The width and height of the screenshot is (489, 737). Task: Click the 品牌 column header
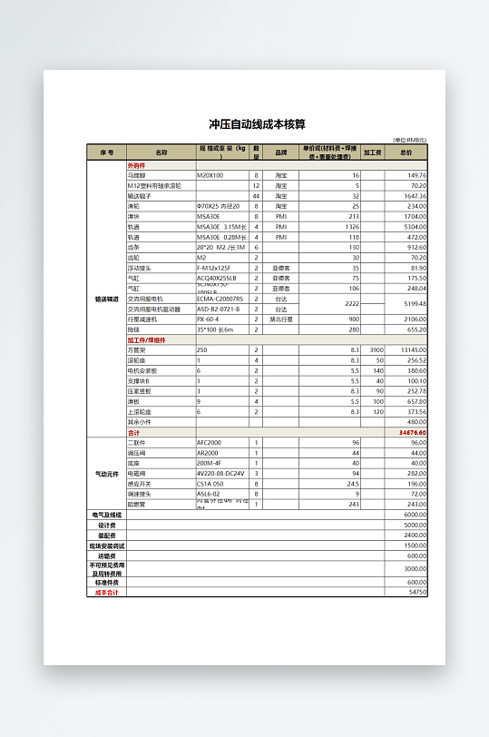(x=281, y=152)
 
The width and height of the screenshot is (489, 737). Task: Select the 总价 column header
(x=406, y=152)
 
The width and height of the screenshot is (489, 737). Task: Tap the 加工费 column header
(x=373, y=152)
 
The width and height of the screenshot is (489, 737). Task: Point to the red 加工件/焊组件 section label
(x=146, y=340)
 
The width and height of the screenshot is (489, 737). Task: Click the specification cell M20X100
(x=210, y=175)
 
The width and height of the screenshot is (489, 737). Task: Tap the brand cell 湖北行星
(x=281, y=319)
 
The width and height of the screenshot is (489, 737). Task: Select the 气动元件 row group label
(x=107, y=473)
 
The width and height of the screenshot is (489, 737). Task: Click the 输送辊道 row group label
(x=107, y=298)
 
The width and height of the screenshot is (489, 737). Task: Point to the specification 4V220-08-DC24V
(x=220, y=473)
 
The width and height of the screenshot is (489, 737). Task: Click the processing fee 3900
(x=377, y=349)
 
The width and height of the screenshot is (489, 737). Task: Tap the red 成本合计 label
(x=107, y=593)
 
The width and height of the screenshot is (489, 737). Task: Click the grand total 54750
(x=416, y=593)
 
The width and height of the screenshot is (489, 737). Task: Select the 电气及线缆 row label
(x=107, y=514)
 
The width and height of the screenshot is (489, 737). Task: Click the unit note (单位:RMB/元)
(x=409, y=140)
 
